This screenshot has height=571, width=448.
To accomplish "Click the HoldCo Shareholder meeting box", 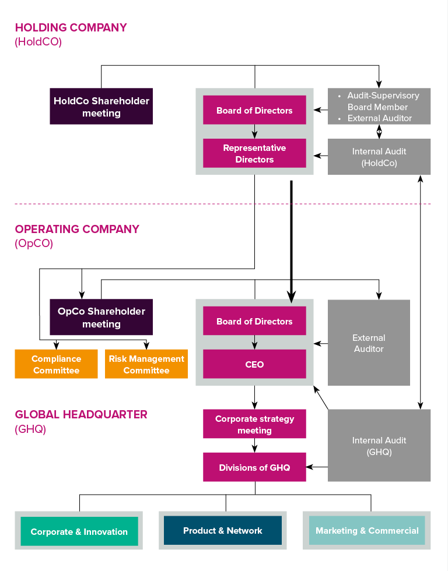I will pos(101,107).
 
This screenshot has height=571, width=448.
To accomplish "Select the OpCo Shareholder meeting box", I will pos(101,318).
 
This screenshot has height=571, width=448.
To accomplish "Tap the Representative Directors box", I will pos(254,153).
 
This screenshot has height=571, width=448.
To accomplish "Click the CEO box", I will pos(254,364).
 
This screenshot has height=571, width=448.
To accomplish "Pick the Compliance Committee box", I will pos(56,364).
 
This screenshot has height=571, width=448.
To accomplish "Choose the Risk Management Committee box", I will pos(146,364).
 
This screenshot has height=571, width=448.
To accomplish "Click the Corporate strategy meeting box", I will pos(254,424).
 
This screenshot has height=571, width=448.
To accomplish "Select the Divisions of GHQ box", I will pos(254,467).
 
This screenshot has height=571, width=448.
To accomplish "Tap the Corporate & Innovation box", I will pos(79,531).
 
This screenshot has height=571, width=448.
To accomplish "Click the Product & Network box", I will pos(223,530).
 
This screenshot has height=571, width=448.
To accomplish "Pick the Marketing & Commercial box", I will pos(367,530).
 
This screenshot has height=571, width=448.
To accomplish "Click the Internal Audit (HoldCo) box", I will pos(379,157).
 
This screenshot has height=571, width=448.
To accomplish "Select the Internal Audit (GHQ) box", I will pos(379,446).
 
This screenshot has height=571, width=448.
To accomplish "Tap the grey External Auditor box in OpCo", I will pos(369,343).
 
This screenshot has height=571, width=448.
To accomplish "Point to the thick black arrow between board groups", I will pos(291,239).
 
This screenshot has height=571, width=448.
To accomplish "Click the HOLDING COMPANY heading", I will pos(71,27).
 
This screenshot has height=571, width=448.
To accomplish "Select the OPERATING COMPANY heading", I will pos(77,229).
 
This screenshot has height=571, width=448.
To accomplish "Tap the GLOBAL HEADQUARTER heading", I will pos(81,415).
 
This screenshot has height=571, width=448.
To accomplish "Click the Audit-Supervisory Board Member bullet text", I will pos(383,101).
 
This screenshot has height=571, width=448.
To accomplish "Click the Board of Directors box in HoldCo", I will pos(254,110).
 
